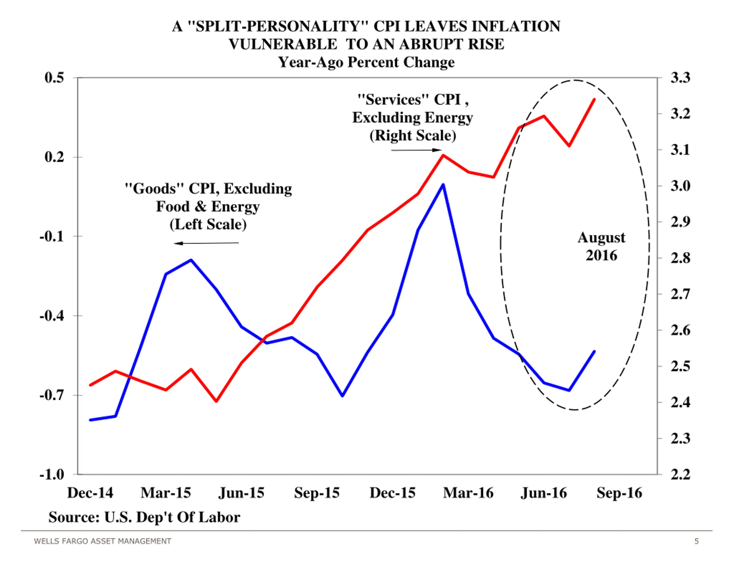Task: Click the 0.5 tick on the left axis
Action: [x=54, y=78]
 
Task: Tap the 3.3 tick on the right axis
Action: [x=680, y=78]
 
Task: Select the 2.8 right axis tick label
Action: [x=680, y=258]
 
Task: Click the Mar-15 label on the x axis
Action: [x=166, y=493]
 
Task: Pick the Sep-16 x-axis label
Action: [x=619, y=493]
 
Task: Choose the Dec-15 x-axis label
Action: [x=393, y=493]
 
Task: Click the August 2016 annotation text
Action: [x=602, y=246]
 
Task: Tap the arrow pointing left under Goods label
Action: [x=206, y=243]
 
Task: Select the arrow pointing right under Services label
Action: [x=416, y=150]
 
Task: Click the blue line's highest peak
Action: [x=443, y=185]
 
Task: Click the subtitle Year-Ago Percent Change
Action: [x=366, y=62]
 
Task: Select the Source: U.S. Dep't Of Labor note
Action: [x=144, y=517]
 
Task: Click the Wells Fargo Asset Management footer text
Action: [x=103, y=541]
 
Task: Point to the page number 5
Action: [x=697, y=541]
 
